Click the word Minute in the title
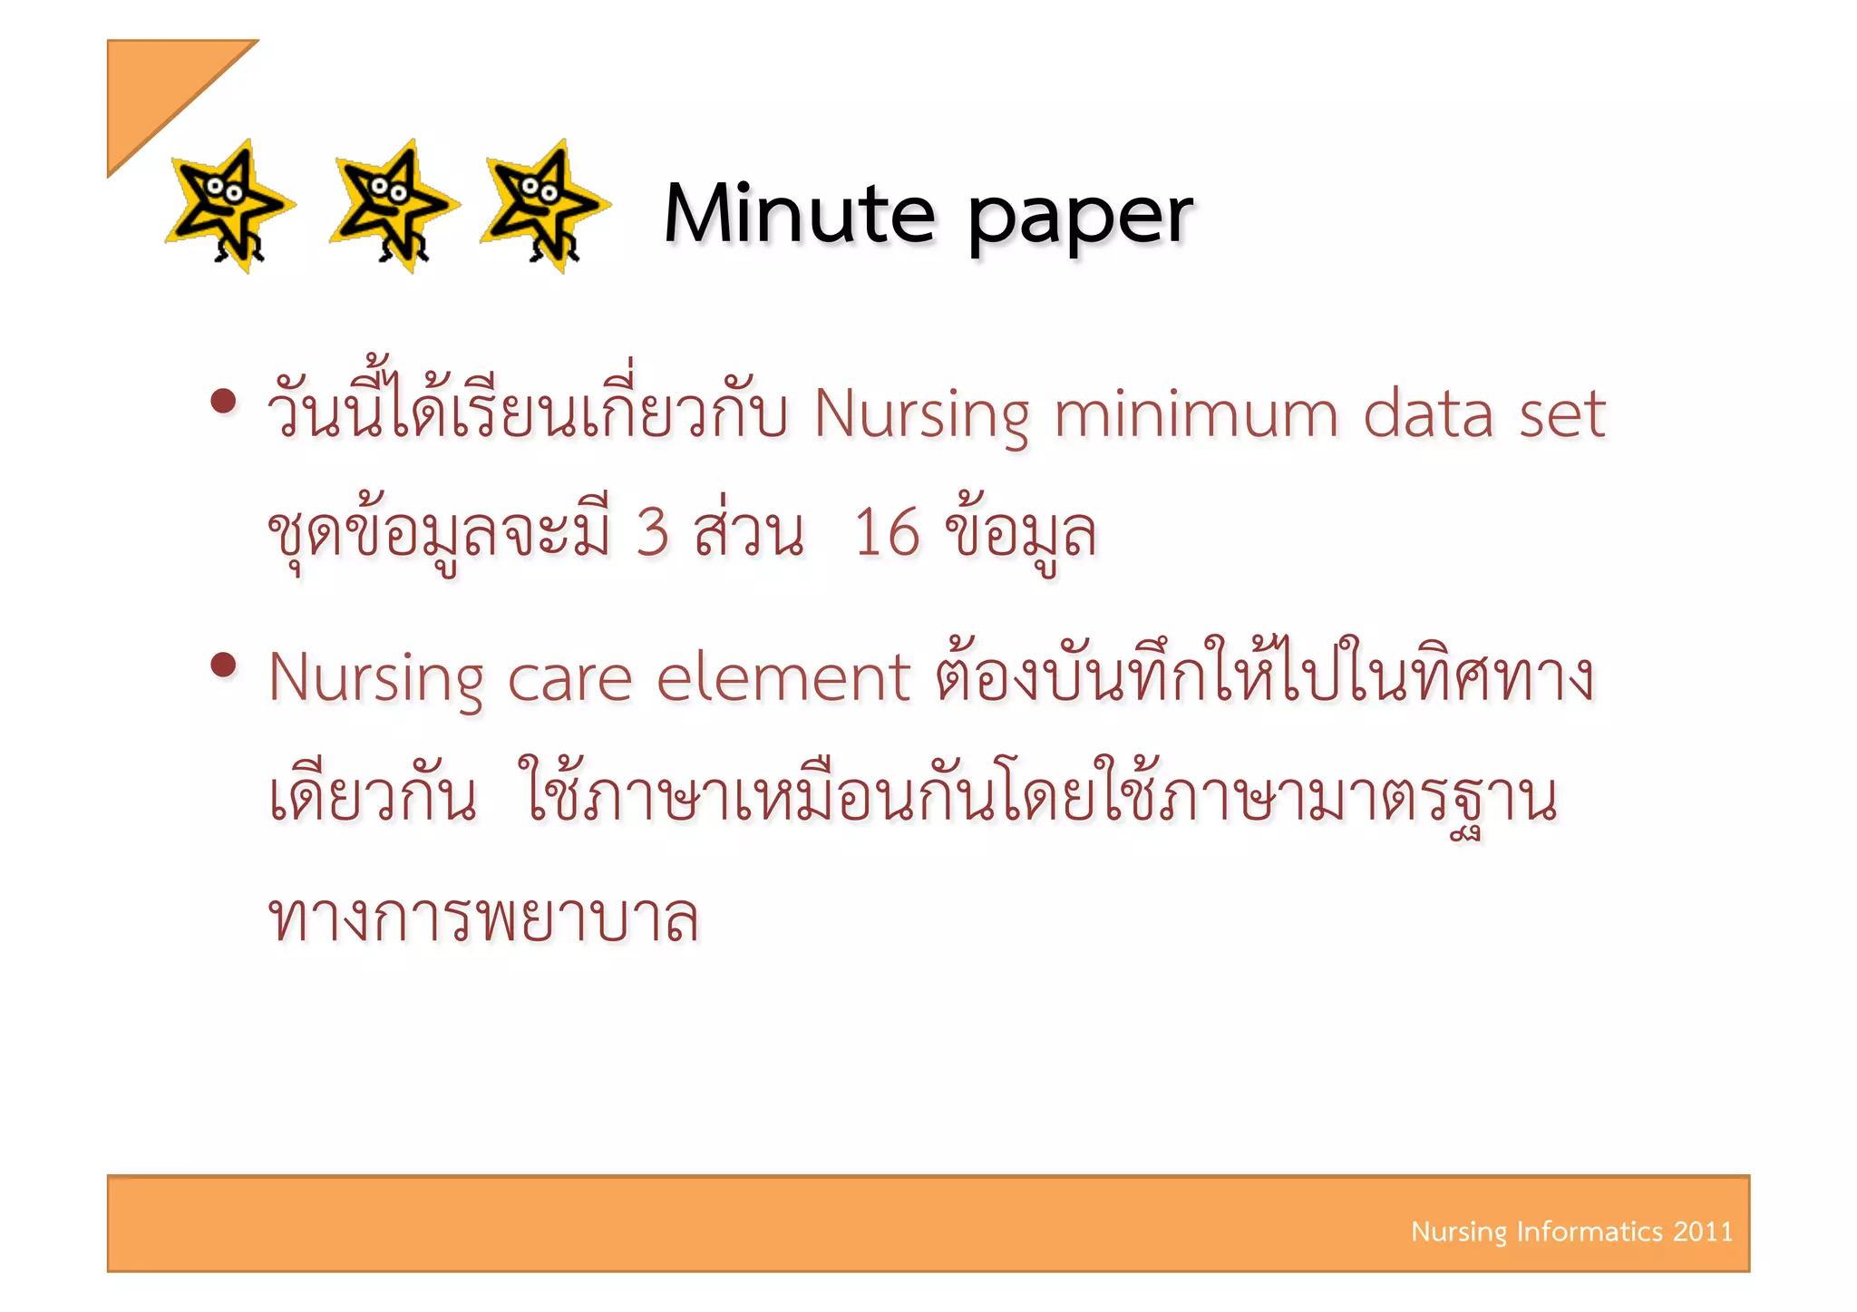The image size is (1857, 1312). tap(799, 214)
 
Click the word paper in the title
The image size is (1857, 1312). tap(1080, 218)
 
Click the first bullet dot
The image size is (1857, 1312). tap(222, 402)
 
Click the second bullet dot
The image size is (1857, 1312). tap(222, 666)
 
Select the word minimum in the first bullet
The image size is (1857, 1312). tap(1195, 414)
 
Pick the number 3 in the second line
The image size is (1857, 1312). tap(652, 532)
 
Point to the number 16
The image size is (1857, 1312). tap(887, 532)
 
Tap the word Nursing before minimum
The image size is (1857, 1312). tap(921, 416)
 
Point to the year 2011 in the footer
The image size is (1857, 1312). tap(1703, 1231)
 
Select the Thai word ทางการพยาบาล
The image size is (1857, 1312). tap(483, 918)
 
